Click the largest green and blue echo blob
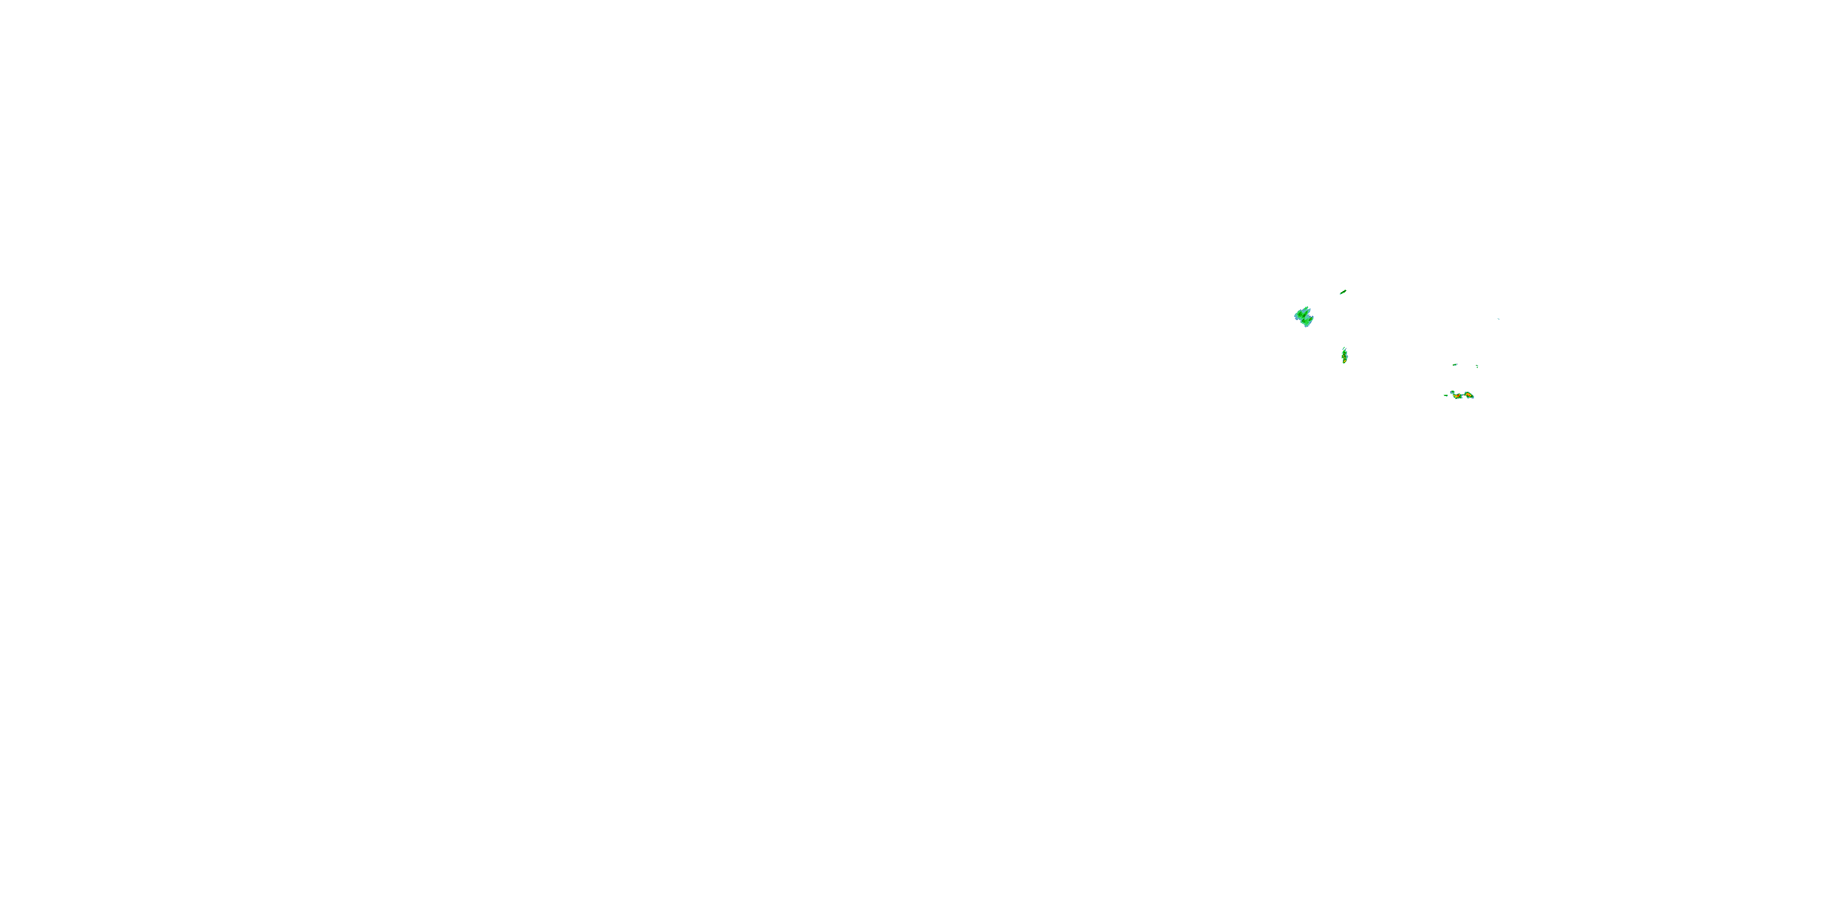(1303, 317)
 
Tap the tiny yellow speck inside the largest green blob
(1311, 319)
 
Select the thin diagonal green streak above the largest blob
(1343, 292)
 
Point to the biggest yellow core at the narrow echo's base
(1345, 361)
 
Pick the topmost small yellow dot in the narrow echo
(1345, 353)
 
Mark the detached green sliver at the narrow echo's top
(1344, 349)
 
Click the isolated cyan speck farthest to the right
(1498, 319)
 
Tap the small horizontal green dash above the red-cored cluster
(1455, 365)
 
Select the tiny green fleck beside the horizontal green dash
(1478, 366)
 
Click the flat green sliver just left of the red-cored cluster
(1445, 395)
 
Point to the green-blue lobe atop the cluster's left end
(1453, 392)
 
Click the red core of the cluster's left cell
(1458, 396)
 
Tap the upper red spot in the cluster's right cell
(1468, 394)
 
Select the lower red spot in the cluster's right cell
(1470, 396)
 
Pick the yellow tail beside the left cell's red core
(1455, 396)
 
